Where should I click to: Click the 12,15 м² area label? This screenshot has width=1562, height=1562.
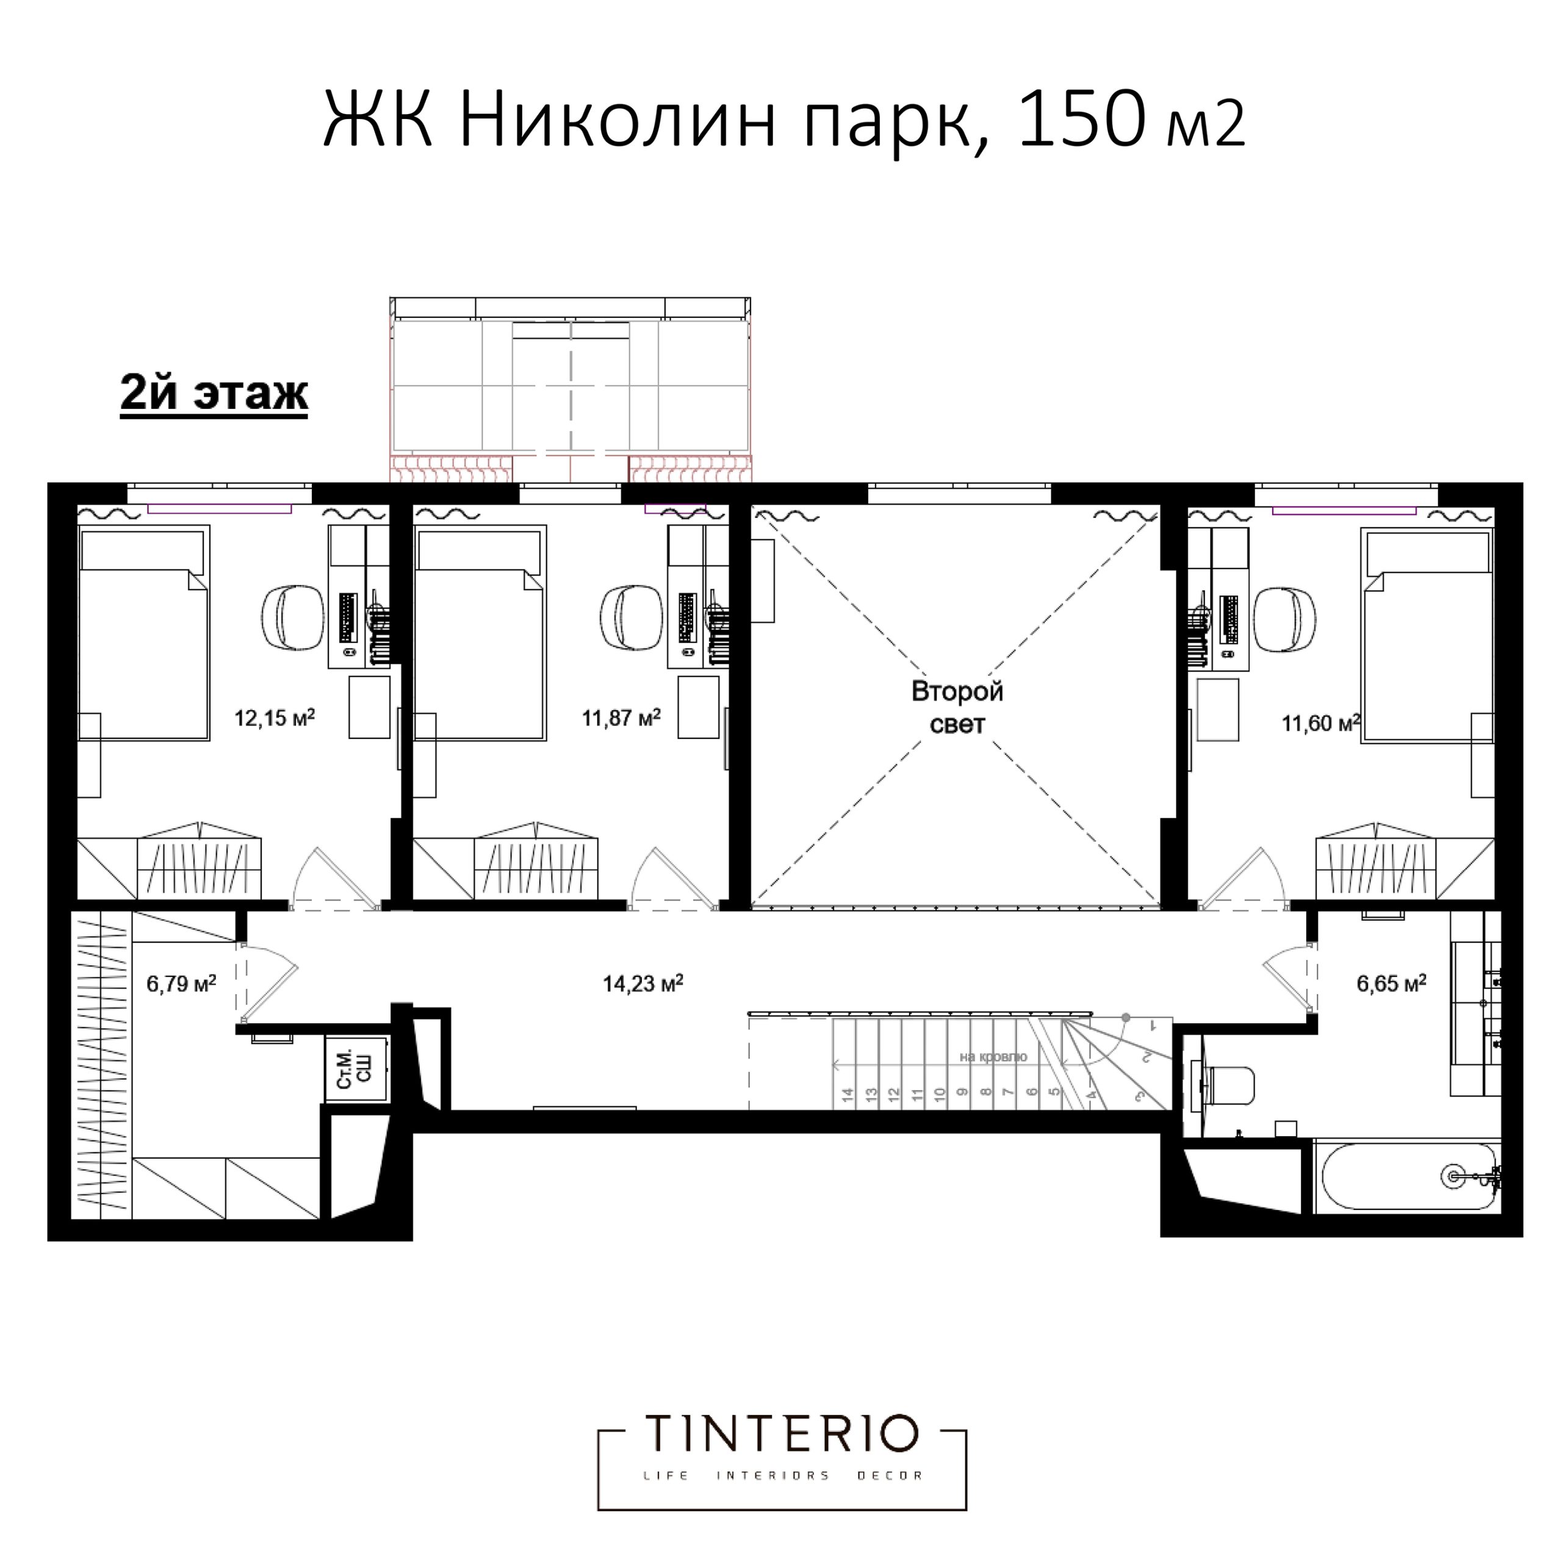(x=274, y=718)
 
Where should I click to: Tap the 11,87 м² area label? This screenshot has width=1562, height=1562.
(x=621, y=718)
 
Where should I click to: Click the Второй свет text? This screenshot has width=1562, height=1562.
(x=957, y=707)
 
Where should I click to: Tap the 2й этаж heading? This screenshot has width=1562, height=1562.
(x=214, y=394)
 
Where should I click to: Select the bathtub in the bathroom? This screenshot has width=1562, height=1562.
(x=1407, y=1176)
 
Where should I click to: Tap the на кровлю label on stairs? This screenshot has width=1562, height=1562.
(x=993, y=1057)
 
